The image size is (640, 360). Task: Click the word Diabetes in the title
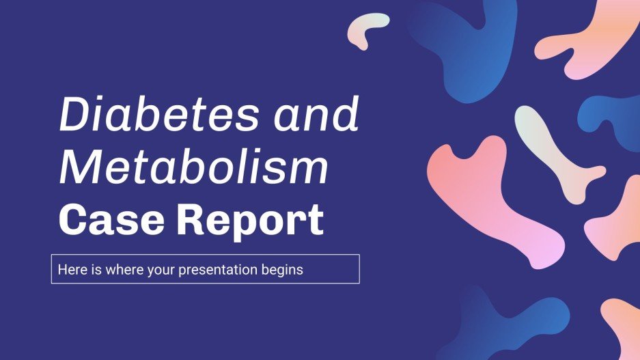(x=160, y=115)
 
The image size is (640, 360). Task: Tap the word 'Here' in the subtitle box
(x=70, y=269)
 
